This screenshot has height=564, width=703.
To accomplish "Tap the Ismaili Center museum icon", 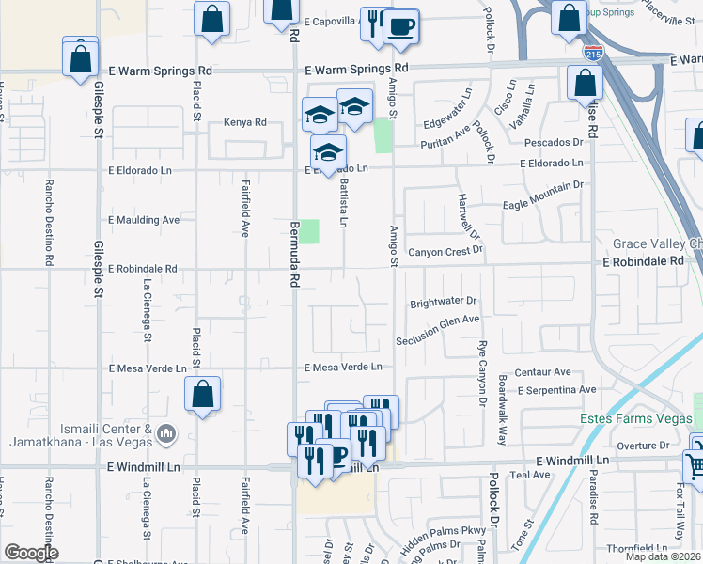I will coord(166,433).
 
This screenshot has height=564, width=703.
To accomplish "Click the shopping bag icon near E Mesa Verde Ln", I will coord(202,395).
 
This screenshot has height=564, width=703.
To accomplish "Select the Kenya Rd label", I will coord(245,122).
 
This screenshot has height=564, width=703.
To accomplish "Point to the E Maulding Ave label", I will coord(144,220).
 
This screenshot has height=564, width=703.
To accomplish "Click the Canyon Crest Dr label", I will coord(445,251).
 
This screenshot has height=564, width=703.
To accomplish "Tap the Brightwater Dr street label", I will coord(445,304).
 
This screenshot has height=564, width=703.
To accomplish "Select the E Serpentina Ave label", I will coord(556,389).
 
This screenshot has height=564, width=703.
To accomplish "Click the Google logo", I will coord(31,553).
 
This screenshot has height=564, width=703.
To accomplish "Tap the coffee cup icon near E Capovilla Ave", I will coord(401,27).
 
